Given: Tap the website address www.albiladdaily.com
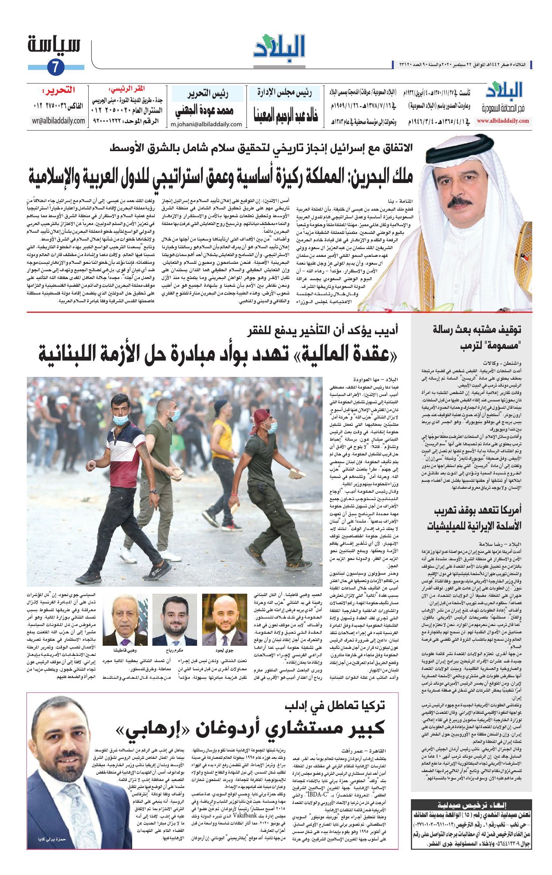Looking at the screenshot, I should tap(503, 121).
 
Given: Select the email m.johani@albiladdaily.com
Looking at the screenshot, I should tap(206, 124).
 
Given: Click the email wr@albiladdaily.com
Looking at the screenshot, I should tap(59, 120).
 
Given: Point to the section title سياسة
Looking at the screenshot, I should tap(54, 44).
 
